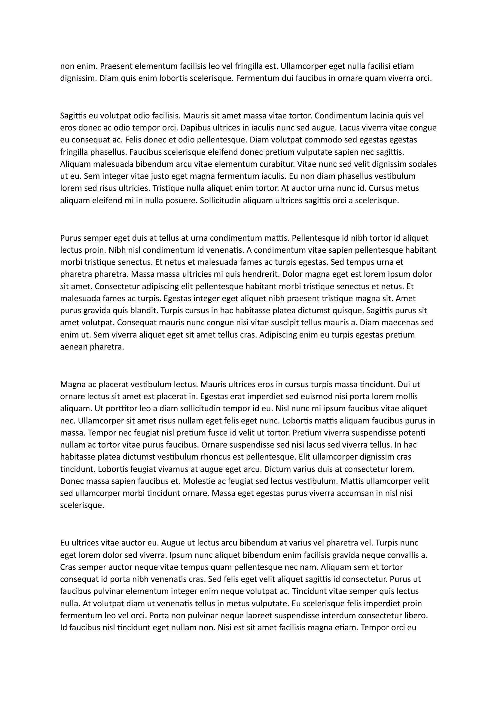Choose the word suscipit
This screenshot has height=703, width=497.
tap(280, 323)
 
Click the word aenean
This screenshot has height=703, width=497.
tap(73, 347)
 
